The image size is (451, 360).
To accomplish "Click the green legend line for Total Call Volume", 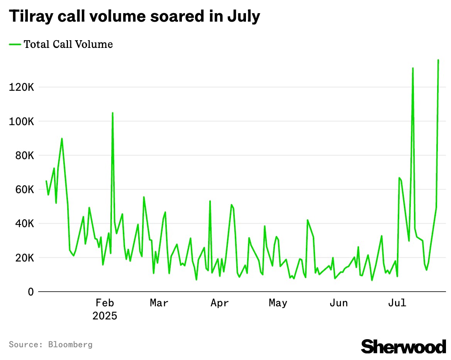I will pos(15,44).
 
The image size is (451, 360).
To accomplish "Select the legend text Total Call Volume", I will pos(68,44).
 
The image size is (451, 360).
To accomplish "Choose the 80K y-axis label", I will pos(24,155).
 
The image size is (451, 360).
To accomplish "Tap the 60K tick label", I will pos(24,190).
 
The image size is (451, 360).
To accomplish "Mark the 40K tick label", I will pos(24,224).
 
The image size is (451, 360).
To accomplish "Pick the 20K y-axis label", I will pos(24,258).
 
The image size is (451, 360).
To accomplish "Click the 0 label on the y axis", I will pos(31,292).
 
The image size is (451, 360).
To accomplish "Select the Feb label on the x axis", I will pos(105,303).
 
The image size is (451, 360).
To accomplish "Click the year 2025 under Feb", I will pos(105,316).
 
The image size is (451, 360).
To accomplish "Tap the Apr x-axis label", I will pos(220,303).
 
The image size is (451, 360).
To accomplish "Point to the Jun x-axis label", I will pos(339,303).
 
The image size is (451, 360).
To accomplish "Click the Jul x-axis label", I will pos(397,303).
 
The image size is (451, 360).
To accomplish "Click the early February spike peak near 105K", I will pos(112,113).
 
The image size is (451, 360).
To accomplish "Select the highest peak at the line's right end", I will pos(438,60).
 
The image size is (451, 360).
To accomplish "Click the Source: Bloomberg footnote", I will pos(51,344).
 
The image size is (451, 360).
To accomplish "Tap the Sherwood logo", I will pos(403,346).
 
